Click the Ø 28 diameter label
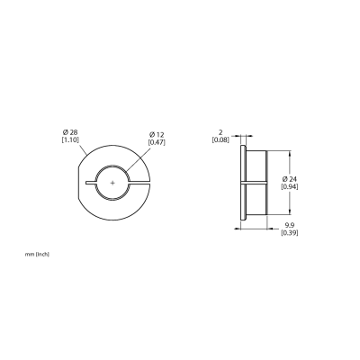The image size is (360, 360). pyautogui.click(x=70, y=132)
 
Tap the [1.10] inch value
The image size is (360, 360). pyautogui.click(x=70, y=139)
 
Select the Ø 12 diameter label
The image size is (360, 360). pyautogui.click(x=157, y=135)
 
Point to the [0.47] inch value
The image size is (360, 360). pyautogui.click(x=157, y=142)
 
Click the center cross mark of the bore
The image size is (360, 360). pyautogui.click(x=112, y=183)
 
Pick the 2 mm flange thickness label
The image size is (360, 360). pyautogui.click(x=221, y=132)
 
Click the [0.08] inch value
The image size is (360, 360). pyautogui.click(x=220, y=139)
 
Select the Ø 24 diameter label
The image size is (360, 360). pyautogui.click(x=290, y=179)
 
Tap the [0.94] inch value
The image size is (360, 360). pyautogui.click(x=290, y=186)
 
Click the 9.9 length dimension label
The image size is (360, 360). pyautogui.click(x=290, y=225)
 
